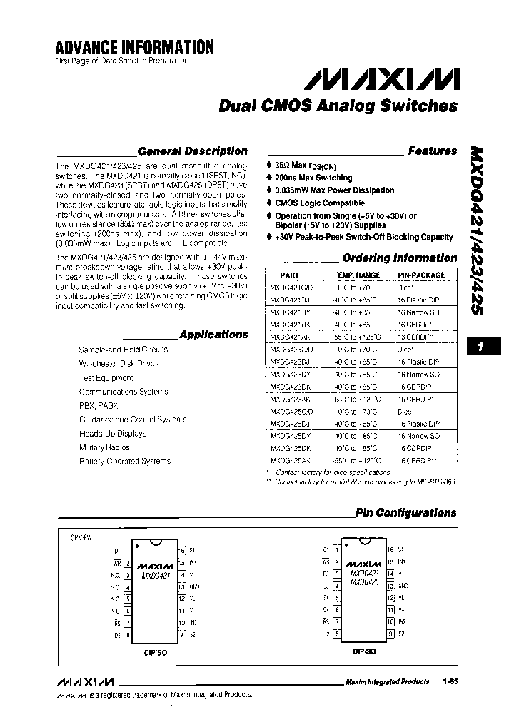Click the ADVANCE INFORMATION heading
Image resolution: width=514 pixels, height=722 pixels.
coord(134,47)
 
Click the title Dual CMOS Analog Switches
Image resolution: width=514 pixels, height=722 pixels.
coord(338,106)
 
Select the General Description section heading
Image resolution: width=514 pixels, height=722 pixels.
coord(192,151)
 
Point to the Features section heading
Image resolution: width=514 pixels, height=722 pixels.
coord(432,151)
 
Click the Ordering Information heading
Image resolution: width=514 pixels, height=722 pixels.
coord(399,258)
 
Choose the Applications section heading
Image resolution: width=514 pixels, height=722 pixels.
coord(213,335)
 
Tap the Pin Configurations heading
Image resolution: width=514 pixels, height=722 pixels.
coord(405,512)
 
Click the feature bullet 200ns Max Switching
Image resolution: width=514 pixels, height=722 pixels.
coord(313,178)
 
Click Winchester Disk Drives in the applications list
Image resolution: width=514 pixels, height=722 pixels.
coord(119,363)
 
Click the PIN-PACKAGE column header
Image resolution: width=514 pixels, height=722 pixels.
coord(421,275)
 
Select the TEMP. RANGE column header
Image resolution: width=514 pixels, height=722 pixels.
coord(356,275)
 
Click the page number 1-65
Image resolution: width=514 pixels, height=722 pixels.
coord(449,681)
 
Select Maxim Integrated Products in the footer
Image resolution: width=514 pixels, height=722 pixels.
coord(387,681)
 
